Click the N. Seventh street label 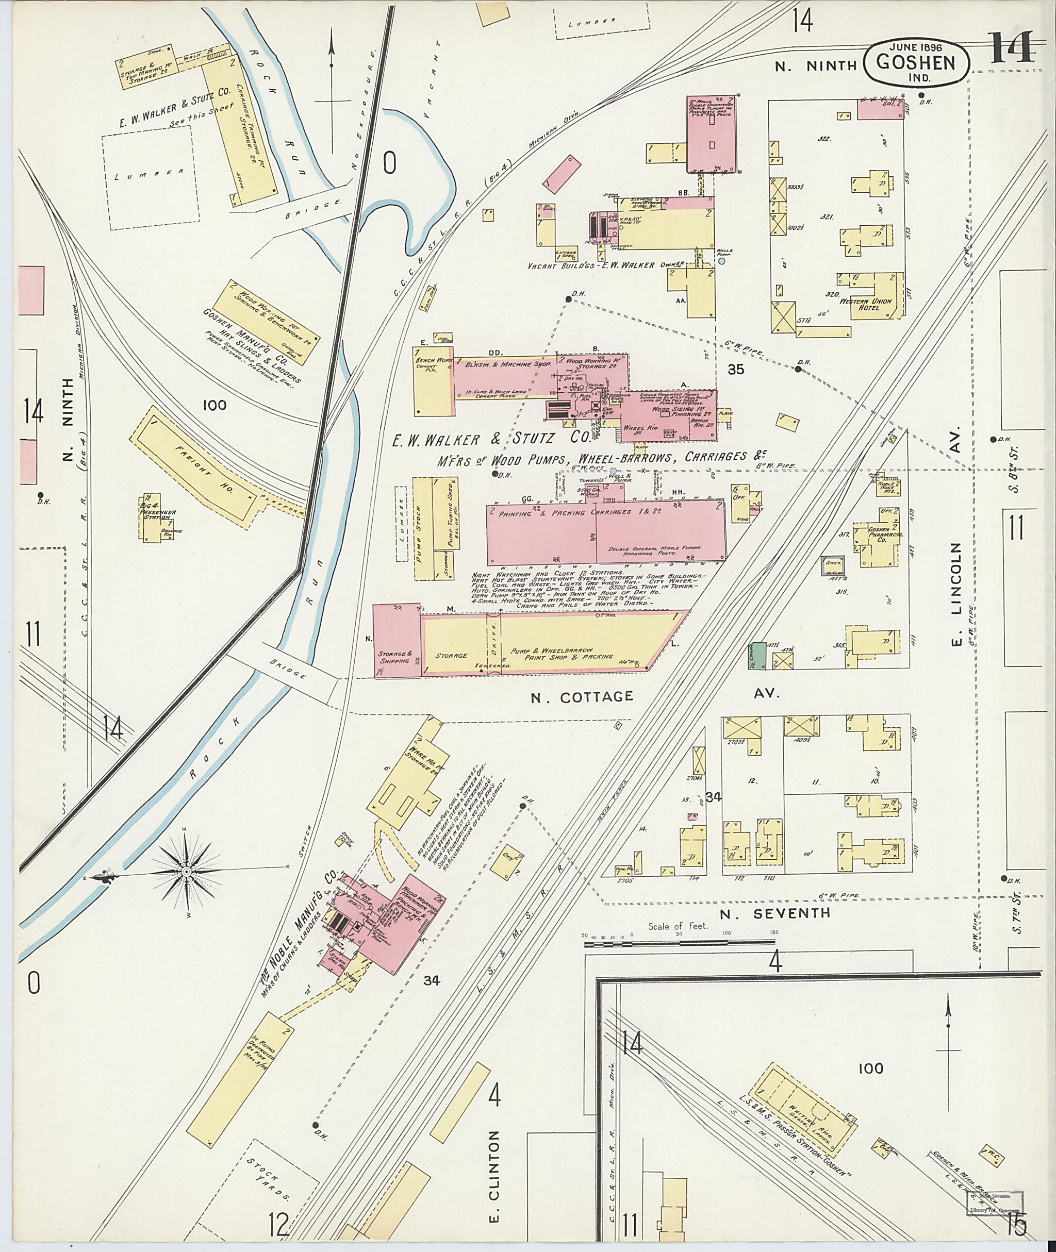pyautogui.click(x=774, y=913)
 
